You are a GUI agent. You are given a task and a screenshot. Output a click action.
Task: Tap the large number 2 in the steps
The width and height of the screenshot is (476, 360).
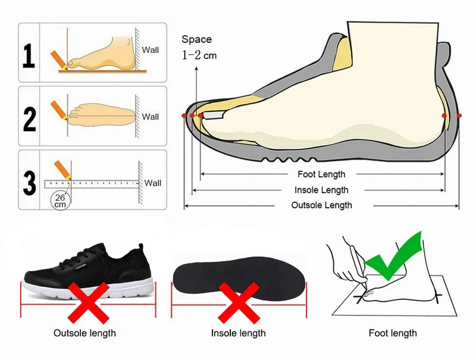(x=29, y=118)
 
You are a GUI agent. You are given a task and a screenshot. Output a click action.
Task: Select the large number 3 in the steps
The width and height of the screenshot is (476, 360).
(x=29, y=181)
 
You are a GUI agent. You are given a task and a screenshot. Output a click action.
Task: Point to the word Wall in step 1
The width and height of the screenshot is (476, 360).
(x=151, y=51)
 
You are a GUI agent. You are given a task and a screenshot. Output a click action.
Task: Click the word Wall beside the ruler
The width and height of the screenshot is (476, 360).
(x=153, y=183)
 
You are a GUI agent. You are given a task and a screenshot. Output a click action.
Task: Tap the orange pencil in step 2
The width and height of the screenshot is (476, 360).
(x=59, y=109)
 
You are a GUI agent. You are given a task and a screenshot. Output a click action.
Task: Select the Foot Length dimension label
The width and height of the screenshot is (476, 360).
(x=321, y=174)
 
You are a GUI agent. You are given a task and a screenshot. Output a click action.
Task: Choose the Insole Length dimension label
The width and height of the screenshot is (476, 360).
(x=321, y=190)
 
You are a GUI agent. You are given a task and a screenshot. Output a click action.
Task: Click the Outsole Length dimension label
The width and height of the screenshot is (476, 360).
(x=321, y=205)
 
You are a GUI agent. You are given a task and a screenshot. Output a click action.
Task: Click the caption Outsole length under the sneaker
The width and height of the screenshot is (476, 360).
(x=84, y=333)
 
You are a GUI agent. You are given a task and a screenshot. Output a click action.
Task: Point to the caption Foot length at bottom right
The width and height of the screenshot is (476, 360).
(x=393, y=333)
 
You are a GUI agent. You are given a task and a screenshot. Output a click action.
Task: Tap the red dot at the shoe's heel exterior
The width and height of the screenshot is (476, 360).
(x=459, y=115)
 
